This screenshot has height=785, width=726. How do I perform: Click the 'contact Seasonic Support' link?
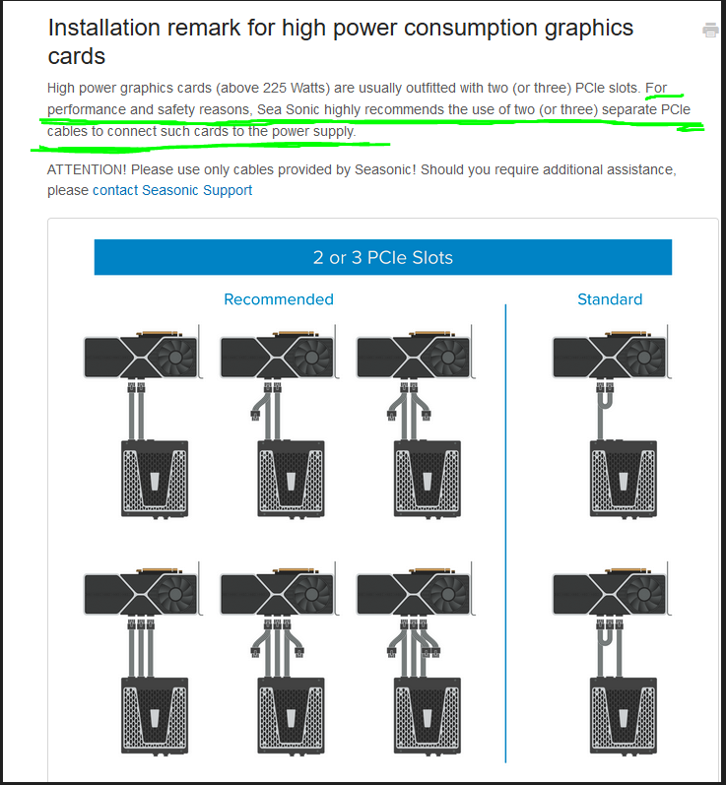(172, 190)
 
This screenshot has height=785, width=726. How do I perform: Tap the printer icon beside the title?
(710, 30)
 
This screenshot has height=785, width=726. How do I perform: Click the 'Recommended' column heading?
(279, 299)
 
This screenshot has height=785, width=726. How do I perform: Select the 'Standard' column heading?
(610, 299)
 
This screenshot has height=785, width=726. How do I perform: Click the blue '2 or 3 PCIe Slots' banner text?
(383, 257)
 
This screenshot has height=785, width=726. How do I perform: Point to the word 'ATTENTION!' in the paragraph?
(87, 169)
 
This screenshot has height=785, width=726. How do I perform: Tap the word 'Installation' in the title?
(102, 28)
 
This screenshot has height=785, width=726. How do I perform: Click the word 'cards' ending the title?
(77, 56)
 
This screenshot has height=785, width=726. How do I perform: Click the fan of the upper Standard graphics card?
(644, 358)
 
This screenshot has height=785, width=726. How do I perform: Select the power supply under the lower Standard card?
(624, 716)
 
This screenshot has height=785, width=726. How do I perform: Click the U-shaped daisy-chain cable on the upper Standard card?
(604, 401)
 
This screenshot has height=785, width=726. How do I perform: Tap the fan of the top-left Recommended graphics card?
(175, 358)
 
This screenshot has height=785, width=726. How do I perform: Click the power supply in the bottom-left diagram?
(155, 716)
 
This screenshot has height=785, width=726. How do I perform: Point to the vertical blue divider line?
(505, 533)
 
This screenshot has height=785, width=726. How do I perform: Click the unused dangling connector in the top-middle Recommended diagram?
(255, 415)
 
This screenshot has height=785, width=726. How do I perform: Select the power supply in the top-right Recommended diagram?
(428, 479)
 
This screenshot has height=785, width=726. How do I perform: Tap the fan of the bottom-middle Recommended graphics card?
(311, 595)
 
